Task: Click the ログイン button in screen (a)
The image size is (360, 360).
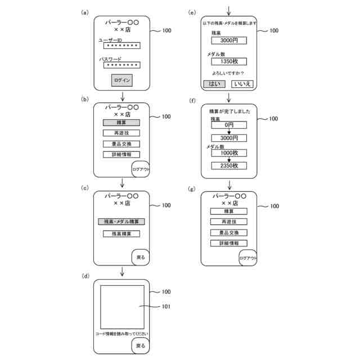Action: pyautogui.click(x=121, y=80)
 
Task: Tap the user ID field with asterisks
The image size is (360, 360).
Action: pyautogui.click(x=121, y=46)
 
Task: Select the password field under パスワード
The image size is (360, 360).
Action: pyautogui.click(x=121, y=65)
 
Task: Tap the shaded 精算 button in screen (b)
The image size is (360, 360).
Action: pyautogui.click(x=121, y=123)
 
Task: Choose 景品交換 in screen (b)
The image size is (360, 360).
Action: pyautogui.click(x=121, y=143)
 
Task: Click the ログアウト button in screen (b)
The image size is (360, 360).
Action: pyautogui.click(x=141, y=168)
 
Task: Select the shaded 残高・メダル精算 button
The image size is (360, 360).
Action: pyautogui.click(x=121, y=222)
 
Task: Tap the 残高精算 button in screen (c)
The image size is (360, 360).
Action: pyautogui.click(x=121, y=233)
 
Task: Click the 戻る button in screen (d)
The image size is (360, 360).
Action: pyautogui.click(x=141, y=345)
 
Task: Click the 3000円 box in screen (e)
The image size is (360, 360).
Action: pyautogui.click(x=229, y=40)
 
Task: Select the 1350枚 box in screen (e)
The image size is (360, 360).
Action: pyautogui.click(x=229, y=61)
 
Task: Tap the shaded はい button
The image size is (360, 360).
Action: pyautogui.click(x=214, y=83)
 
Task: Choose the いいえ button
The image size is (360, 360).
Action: pyautogui.click(x=242, y=83)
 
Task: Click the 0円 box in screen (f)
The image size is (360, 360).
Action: pyautogui.click(x=229, y=125)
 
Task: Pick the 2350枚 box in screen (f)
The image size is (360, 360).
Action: pyautogui.click(x=229, y=165)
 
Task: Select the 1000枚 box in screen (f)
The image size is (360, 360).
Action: pyautogui.click(x=229, y=152)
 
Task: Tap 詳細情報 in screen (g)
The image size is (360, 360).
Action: pyautogui.click(x=229, y=243)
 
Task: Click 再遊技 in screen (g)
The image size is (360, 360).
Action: pyautogui.click(x=229, y=222)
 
